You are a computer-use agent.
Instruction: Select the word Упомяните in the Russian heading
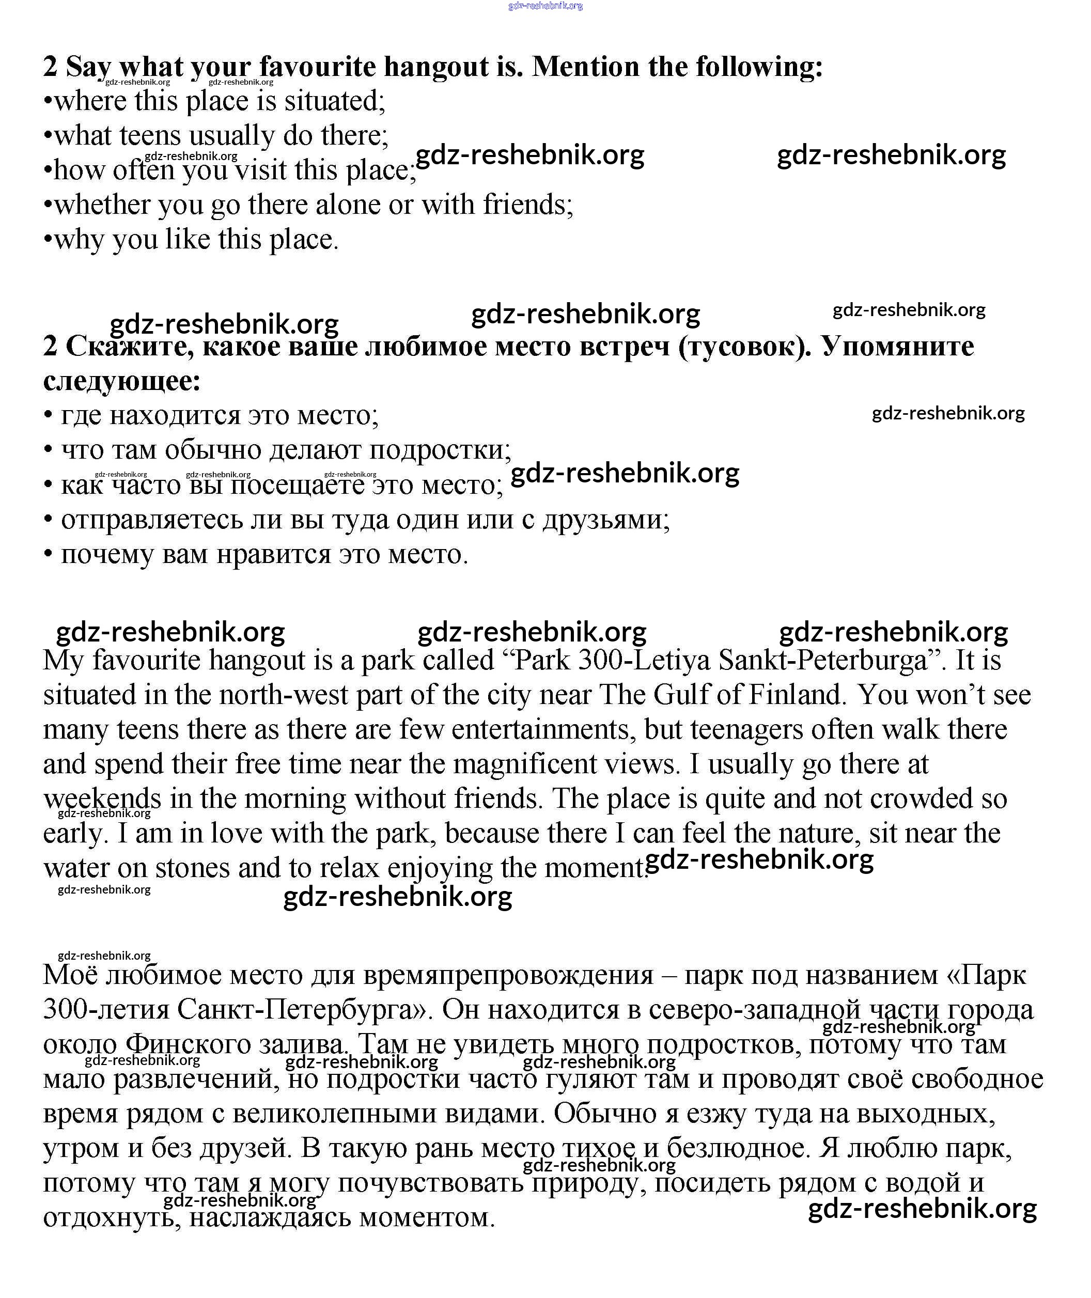pos(897,346)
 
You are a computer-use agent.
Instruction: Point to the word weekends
pos(102,799)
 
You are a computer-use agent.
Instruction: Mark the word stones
pos(192,868)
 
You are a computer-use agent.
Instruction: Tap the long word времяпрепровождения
pos(508,975)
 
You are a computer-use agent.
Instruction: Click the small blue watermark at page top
pos(545,6)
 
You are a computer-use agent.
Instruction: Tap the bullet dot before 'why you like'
pos(48,240)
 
